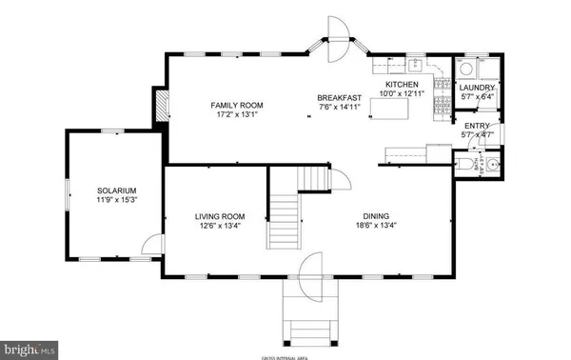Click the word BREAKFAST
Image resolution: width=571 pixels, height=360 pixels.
coord(339,97)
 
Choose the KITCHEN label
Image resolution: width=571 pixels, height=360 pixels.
coord(401,85)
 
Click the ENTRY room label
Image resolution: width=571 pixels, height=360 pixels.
coord(474,126)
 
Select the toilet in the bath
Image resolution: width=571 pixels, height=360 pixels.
coord(463,168)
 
